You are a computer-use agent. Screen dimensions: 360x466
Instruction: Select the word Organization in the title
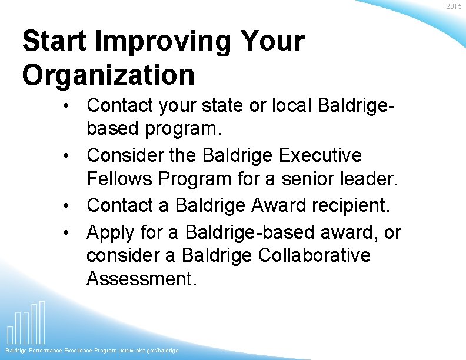point(108,75)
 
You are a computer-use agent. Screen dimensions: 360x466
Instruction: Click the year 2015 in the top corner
point(454,6)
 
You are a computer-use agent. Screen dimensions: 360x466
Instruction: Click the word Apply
point(110,233)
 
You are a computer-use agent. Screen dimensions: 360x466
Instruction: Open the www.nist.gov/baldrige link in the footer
point(150,351)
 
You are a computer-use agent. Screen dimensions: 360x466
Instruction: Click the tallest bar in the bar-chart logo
point(42,322)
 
